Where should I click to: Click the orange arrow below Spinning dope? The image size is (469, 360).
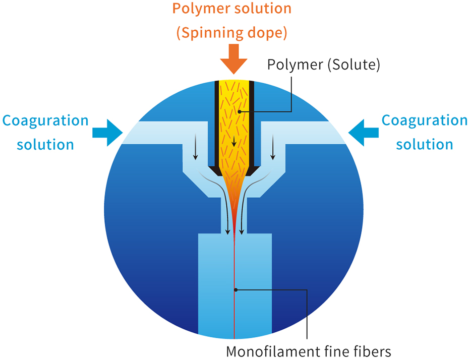click(233, 58)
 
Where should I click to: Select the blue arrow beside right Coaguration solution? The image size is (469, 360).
click(363, 132)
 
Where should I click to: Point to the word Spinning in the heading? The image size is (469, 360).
click(210, 33)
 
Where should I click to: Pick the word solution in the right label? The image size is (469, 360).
click(425, 145)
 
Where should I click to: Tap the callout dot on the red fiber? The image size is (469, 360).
click(235, 289)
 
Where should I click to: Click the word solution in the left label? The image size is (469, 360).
click(45, 145)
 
